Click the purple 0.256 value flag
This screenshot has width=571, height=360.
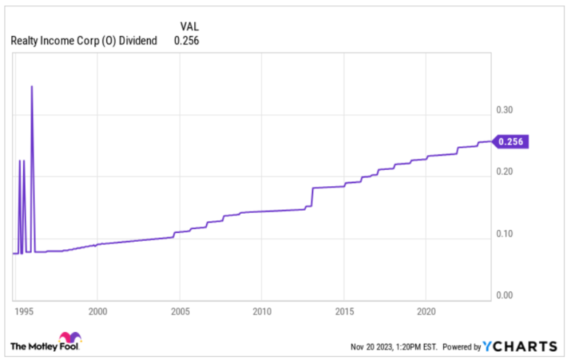510,142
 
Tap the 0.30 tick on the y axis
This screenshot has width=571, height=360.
505,109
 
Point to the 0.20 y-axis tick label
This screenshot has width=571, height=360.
505,171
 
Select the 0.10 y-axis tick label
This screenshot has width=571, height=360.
505,233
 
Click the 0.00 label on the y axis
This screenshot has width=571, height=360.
505,295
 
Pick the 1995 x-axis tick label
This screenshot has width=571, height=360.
24,311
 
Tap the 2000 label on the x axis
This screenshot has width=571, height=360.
98,311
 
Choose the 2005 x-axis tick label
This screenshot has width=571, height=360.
180,311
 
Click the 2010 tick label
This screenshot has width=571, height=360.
262,311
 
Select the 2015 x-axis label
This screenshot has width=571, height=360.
344,311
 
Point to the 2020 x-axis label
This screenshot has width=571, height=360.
426,311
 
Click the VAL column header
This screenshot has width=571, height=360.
189,27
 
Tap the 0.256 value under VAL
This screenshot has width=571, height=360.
186,41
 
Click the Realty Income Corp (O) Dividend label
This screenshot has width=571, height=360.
83,41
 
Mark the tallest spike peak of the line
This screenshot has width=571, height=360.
32,86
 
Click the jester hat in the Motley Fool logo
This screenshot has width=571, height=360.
70,336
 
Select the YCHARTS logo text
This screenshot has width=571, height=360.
519,346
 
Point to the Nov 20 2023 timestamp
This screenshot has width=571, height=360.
394,347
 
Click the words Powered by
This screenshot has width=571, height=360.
462,347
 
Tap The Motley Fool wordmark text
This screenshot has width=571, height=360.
44,346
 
